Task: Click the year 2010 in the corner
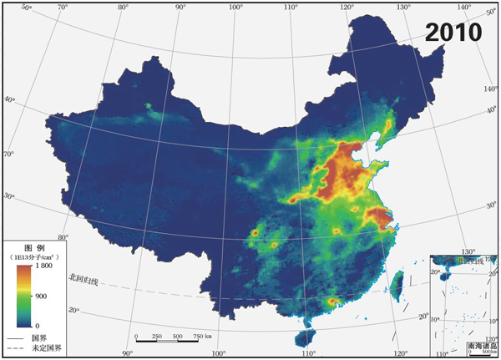point(453,32)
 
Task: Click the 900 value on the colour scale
point(41,296)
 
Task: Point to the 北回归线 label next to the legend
point(83,279)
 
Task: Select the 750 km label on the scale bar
point(200,336)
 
